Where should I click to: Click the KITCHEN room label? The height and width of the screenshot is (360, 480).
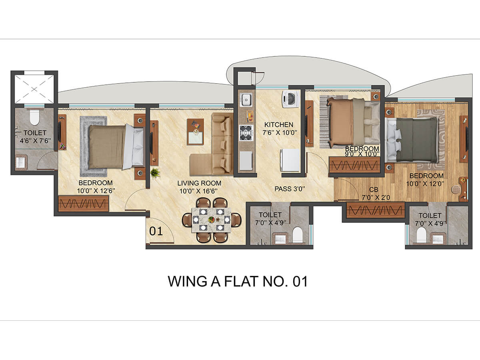coord(279,124)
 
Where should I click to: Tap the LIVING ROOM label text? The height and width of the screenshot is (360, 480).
coord(199,183)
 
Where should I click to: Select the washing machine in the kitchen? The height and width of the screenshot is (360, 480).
coord(290,99)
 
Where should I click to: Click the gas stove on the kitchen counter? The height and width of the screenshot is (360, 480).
coord(246,132)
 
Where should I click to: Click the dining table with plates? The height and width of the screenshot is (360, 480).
coord(212,220)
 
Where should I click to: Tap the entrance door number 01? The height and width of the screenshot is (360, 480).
coord(156,231)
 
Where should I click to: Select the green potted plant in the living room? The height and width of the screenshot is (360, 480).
coord(155,173)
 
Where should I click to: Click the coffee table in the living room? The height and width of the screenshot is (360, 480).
coord(196,132)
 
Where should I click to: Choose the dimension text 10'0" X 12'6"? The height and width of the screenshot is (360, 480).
coord(96,191)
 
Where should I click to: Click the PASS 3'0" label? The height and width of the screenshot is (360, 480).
coord(290,189)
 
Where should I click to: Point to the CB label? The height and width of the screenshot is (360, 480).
coord(374,190)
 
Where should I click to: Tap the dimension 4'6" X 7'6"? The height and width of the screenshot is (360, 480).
coord(35,140)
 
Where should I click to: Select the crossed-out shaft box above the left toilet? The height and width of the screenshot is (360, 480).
coord(34,89)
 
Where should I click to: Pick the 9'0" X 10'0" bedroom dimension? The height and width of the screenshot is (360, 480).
coord(362,154)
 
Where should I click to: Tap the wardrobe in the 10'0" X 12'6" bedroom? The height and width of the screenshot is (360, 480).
coord(84,204)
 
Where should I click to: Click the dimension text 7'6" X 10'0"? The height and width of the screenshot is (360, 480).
coord(280,133)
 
